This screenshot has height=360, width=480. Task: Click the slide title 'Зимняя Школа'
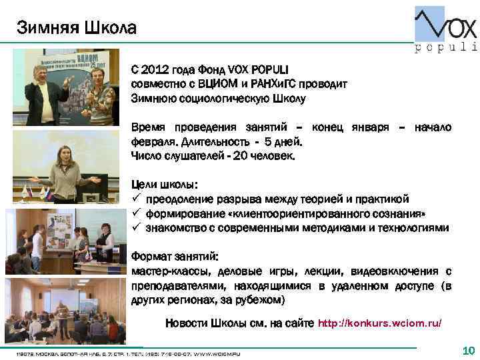(x=76, y=28)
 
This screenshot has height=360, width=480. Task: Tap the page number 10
(x=467, y=351)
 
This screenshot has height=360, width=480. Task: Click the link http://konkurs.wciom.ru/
(x=379, y=323)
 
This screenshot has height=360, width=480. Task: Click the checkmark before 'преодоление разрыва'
(x=135, y=199)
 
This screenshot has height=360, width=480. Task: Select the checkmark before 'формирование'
(x=135, y=213)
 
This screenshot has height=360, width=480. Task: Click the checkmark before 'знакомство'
(x=135, y=227)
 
